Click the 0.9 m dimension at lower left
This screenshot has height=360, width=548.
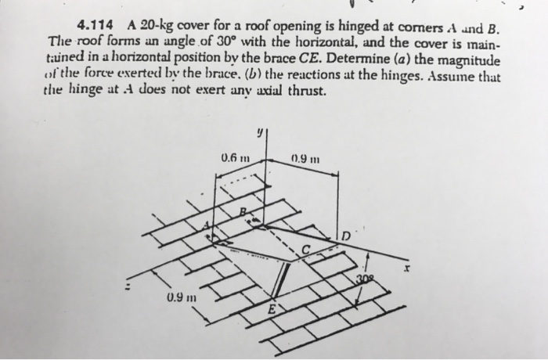point(181,298)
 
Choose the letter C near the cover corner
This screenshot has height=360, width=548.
point(308,250)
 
